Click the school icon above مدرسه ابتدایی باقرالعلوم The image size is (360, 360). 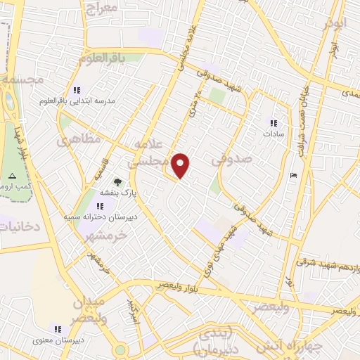point(77,90)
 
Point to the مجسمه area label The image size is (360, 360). point(22,79)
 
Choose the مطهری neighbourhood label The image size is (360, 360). point(74,141)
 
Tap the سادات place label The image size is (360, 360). point(274,134)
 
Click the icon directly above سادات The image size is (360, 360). point(274,122)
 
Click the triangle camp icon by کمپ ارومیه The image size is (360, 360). point(11,174)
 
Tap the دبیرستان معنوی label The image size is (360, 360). point(56,340)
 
